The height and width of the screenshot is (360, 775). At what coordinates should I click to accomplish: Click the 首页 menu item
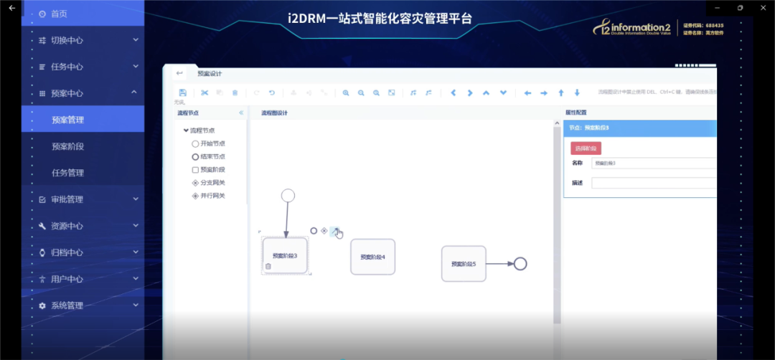pos(59,14)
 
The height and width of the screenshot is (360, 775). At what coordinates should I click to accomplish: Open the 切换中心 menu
pos(67,41)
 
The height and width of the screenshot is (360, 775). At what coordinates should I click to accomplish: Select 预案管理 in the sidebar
pos(67,120)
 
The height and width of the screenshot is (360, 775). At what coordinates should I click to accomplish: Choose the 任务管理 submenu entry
pos(67,173)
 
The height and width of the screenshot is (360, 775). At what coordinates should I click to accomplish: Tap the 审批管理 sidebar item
pos(67,199)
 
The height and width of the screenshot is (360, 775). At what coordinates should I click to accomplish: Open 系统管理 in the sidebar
pos(67,305)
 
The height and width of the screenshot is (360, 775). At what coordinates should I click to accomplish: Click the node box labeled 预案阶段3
pos(285,255)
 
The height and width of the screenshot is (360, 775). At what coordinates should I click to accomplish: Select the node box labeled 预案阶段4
pos(372,257)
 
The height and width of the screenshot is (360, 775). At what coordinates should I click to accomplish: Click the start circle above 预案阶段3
pos(288,195)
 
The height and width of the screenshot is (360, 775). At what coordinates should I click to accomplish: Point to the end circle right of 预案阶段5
pos(520,263)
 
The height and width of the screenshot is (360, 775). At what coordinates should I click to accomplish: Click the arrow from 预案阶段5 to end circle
pos(499,263)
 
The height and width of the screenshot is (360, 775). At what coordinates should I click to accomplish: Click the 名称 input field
pos(653,163)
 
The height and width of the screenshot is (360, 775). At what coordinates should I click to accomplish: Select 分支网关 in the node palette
pos(212,183)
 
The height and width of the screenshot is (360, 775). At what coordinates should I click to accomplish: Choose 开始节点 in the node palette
pos(212,143)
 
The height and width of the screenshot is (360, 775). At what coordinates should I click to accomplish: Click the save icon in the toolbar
pos(183,93)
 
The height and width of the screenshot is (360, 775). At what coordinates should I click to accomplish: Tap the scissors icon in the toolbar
pos(204,93)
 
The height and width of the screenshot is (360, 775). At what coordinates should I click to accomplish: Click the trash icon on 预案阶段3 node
pos(268,266)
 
